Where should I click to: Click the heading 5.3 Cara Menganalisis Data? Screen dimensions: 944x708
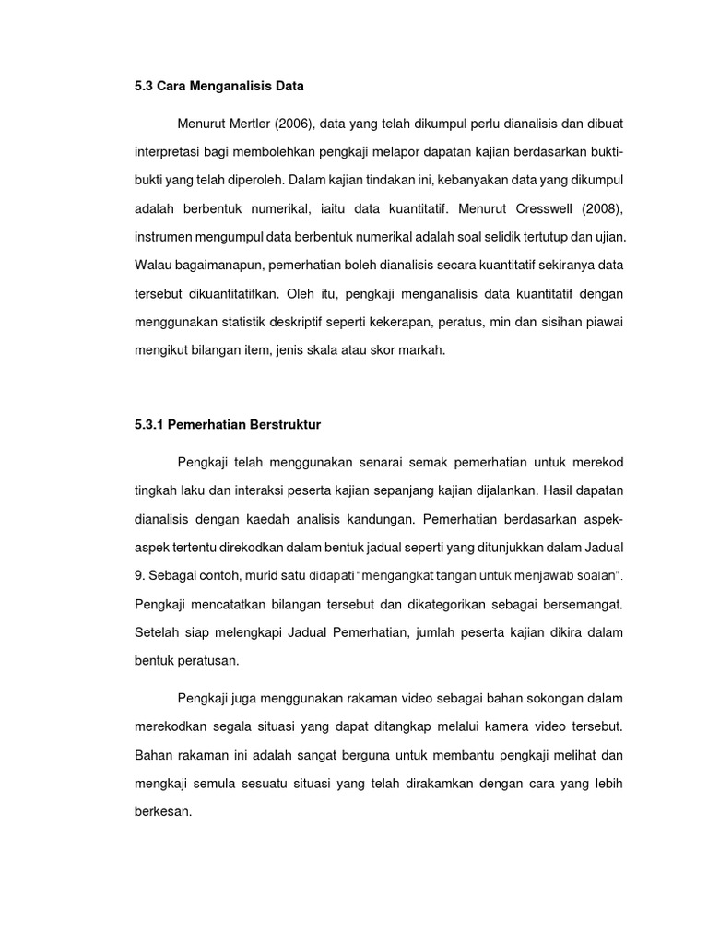tap(218, 87)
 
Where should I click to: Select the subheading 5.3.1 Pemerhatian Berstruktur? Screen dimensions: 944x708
tap(227, 425)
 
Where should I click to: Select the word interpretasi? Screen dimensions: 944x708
tap(168, 150)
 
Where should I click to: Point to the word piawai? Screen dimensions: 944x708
tap(605, 322)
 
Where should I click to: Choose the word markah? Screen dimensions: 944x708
tap(420, 350)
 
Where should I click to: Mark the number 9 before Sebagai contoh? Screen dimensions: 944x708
tap(138, 575)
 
